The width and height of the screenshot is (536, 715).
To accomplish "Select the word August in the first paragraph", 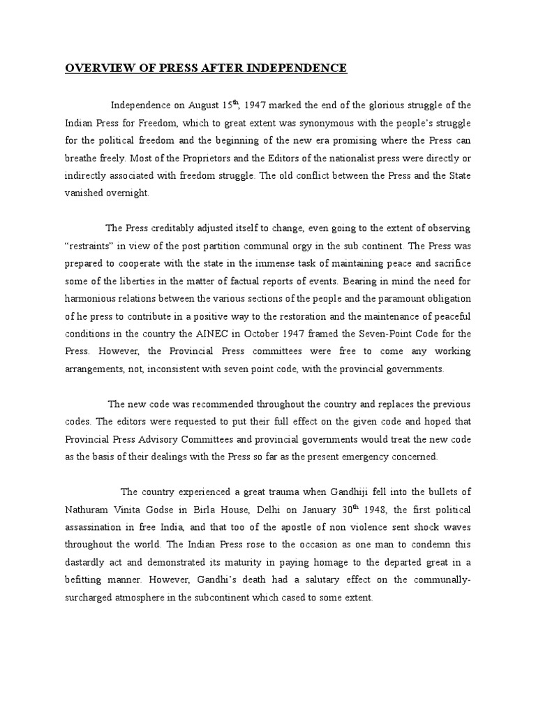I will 205,105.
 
